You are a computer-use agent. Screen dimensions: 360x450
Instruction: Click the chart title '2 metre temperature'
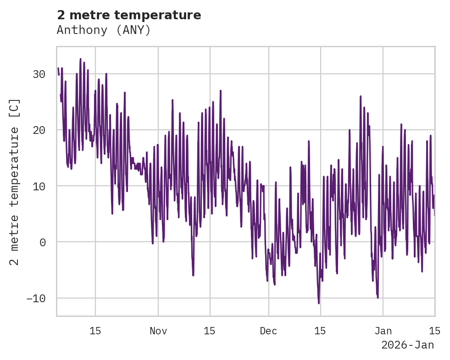[x=129, y=15]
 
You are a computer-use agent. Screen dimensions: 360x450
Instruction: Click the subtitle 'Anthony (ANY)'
[x=104, y=30]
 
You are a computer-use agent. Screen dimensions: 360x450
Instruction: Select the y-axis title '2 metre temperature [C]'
[x=14, y=182]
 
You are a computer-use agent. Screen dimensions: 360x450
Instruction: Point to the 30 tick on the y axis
[x=39, y=74]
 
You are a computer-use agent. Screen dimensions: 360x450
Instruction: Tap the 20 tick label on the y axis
[x=39, y=130]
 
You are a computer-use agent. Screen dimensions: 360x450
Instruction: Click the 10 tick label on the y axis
[x=39, y=186]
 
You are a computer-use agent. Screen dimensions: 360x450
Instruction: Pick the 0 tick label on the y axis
[x=43, y=242]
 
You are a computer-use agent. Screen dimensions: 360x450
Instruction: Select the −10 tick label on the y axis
[x=36, y=299]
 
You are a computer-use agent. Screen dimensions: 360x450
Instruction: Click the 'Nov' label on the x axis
[x=158, y=331]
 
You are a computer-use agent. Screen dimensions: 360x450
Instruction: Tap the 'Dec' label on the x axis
[x=268, y=331]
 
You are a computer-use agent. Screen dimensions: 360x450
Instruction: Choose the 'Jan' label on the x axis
[x=383, y=331]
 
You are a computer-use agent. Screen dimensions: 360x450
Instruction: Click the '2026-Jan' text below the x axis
[x=407, y=345]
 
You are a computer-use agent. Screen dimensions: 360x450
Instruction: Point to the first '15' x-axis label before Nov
[x=95, y=331]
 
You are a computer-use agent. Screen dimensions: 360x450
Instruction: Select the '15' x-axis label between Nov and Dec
[x=210, y=331]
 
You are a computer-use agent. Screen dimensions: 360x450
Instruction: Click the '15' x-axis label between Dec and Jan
[x=320, y=331]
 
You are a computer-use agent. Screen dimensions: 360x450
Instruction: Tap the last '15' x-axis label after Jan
[x=434, y=331]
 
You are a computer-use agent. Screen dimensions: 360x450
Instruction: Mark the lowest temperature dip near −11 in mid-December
[x=318, y=303]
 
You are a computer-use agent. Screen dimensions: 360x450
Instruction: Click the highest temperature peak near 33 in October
[x=80, y=59]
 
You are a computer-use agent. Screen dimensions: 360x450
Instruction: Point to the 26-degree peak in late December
[x=361, y=96]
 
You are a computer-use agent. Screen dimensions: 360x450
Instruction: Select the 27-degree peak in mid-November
[x=221, y=91]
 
